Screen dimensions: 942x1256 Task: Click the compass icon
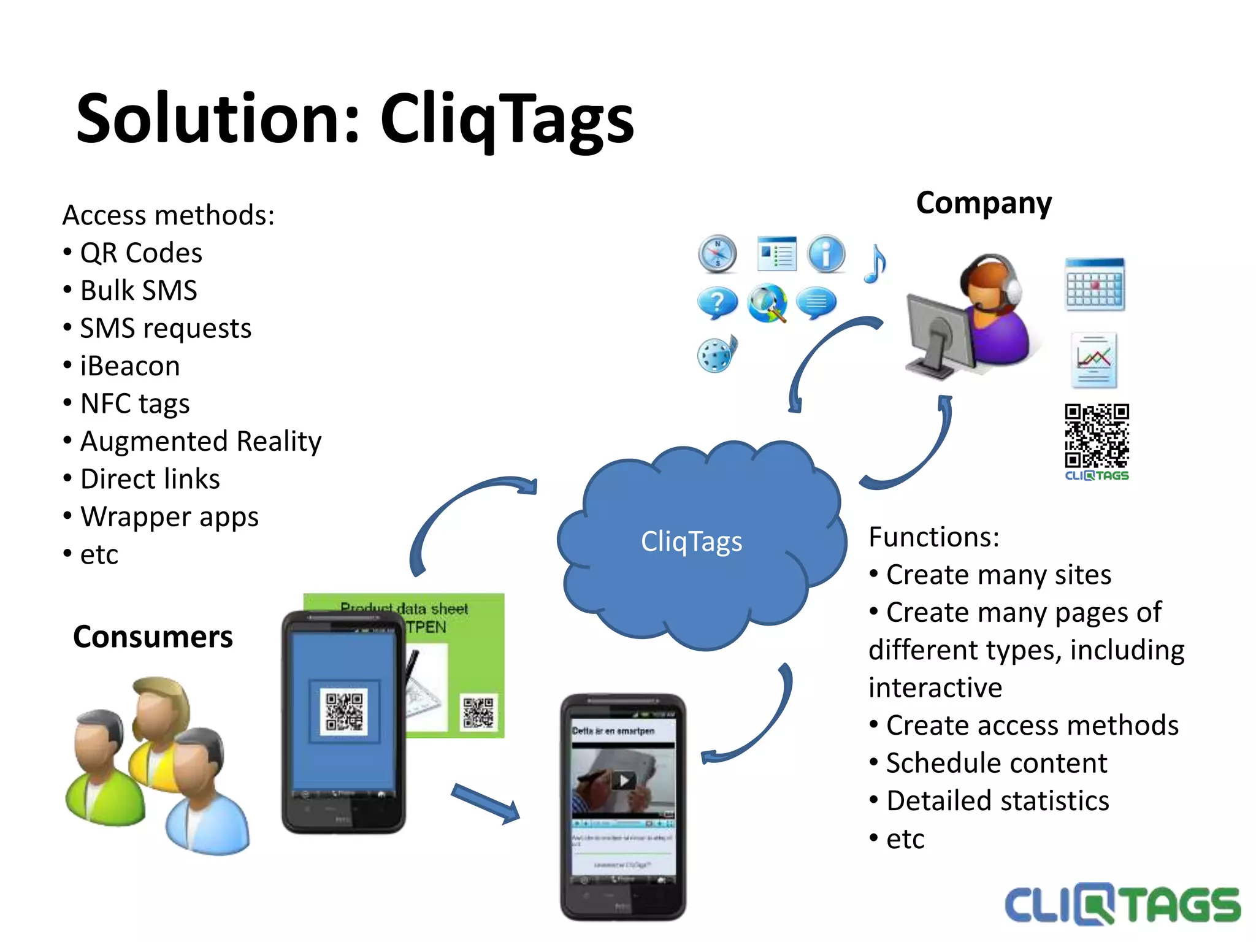tap(717, 253)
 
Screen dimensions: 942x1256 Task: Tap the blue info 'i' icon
tap(826, 253)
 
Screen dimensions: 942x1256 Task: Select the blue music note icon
tap(875, 264)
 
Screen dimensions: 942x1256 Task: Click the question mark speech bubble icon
tap(717, 302)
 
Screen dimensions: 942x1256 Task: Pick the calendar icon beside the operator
tap(1095, 285)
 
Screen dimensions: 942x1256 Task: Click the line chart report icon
tap(1093, 360)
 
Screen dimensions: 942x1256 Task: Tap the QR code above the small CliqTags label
tap(1097, 435)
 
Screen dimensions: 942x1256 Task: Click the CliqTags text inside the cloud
tap(691, 542)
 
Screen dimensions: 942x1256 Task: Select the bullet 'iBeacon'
tap(130, 366)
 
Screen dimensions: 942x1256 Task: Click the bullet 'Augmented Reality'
tap(201, 442)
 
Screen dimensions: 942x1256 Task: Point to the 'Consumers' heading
tap(153, 637)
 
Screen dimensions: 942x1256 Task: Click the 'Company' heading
tap(984, 203)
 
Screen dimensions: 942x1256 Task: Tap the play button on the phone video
tap(624, 781)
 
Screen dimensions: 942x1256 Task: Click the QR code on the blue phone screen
tap(343, 711)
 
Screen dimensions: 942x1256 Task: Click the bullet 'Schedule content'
tap(997, 764)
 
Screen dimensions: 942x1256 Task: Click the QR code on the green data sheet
tap(478, 712)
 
